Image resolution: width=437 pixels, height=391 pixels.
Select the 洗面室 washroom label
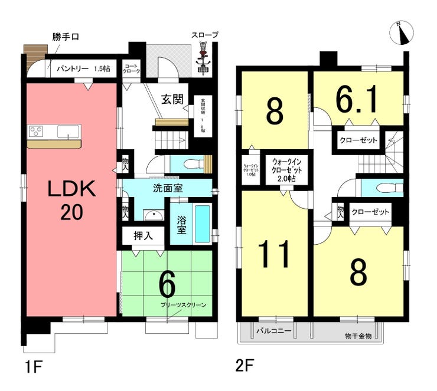point(167,190)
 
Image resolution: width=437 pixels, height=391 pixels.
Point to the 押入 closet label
point(144,235)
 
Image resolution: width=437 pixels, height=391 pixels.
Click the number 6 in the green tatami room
point(167,286)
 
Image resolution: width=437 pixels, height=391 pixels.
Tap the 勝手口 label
point(65,37)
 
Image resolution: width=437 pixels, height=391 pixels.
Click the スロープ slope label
point(204,35)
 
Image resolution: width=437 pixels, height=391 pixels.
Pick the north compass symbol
point(403,33)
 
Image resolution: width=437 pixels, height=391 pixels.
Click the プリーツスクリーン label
point(184,304)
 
